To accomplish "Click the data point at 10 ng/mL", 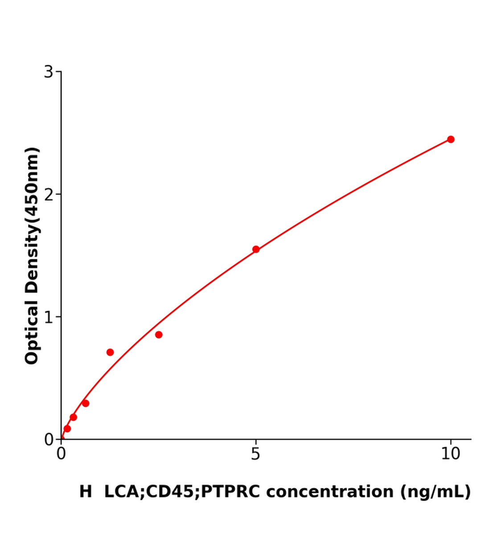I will (x=451, y=140).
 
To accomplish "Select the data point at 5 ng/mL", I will (x=256, y=249).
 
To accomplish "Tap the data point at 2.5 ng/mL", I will (x=159, y=335).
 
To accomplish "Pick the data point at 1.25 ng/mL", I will (x=110, y=352).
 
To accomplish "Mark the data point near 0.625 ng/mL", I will (x=86, y=403).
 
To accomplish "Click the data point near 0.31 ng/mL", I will (x=73, y=417).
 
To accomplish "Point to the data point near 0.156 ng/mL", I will (x=67, y=429).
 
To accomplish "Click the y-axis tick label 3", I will (x=49, y=72).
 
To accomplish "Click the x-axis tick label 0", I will (x=61, y=454).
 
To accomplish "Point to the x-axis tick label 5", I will (x=255, y=454).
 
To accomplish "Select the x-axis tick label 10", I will (x=451, y=454).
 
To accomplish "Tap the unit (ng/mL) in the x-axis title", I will (x=435, y=492).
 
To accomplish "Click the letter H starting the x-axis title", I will (x=86, y=492).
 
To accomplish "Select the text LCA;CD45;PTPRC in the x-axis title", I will (x=182, y=492).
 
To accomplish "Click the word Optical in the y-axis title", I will (x=32, y=332).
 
